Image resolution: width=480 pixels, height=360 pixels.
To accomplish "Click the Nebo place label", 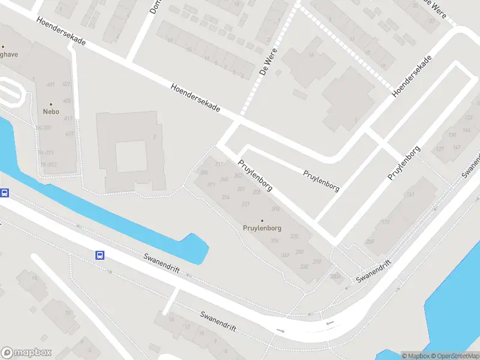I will coord(50,112).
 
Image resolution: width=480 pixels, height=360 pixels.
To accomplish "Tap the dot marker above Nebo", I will coord(50,104).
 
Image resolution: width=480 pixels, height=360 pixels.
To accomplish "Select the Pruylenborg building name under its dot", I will coord(262,228).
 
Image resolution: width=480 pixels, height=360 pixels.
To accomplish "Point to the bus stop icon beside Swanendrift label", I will coord(100,255).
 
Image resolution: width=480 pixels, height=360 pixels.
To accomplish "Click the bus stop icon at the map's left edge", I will coord(4,193).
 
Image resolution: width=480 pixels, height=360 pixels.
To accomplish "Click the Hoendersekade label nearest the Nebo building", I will coord(61,34).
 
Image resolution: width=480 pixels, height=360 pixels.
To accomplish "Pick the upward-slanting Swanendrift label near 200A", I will coord(374,272).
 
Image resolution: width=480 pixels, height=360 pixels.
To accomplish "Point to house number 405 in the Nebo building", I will coord(67,101).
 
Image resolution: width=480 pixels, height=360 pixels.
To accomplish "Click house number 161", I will coord(411,194).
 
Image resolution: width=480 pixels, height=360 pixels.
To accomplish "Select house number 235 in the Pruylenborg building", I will coord(294,236).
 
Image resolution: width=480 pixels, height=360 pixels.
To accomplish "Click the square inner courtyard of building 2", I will coord(131,156).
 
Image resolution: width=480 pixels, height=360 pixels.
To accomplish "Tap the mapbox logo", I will coord(26,353).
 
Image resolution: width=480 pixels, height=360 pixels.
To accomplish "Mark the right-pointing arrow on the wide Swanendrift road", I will coord(280,331).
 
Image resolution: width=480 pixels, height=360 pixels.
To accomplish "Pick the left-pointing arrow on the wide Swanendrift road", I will coord(329,323).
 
